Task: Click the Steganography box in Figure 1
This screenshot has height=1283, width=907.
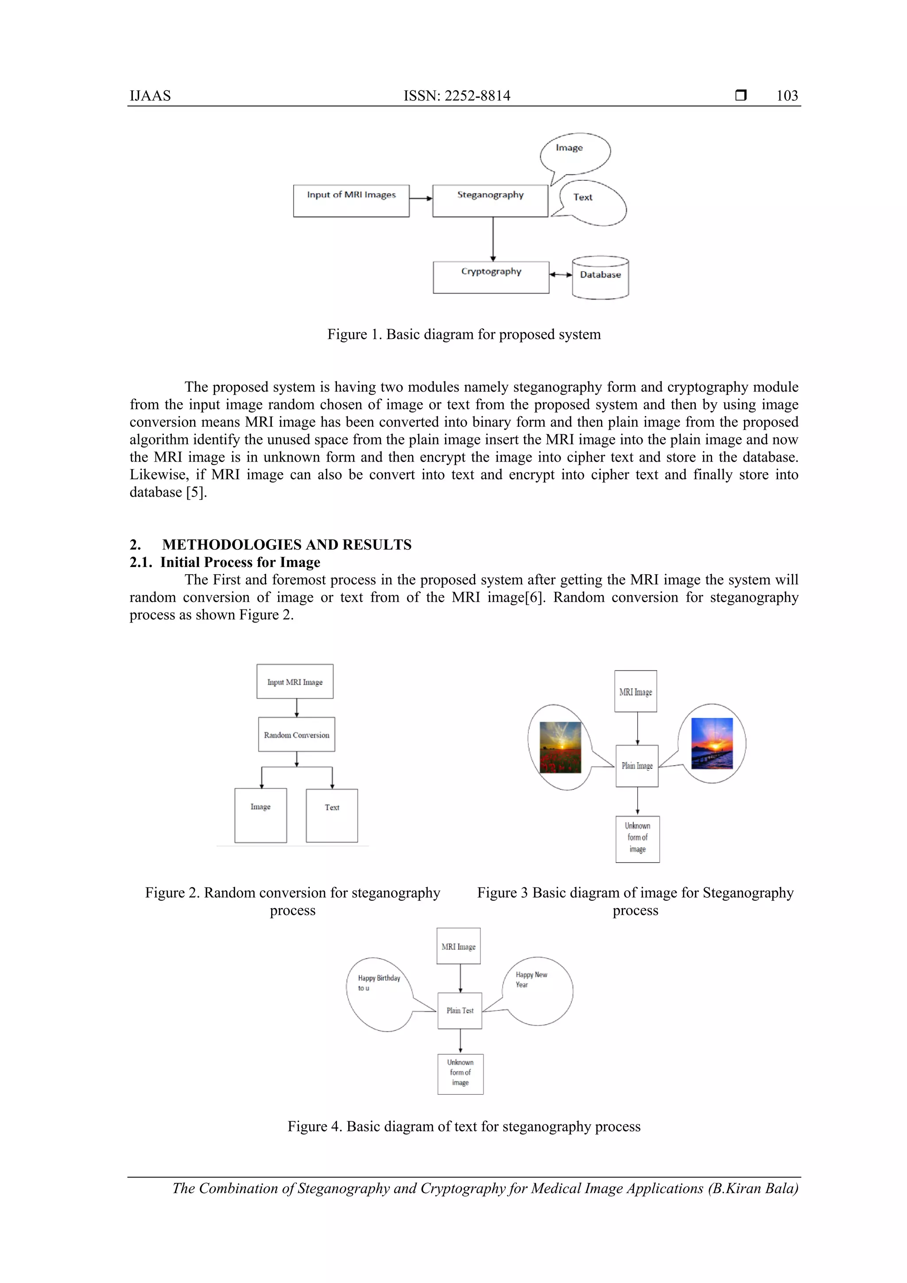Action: coord(490,201)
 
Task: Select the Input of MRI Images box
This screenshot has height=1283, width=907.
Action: coord(351,201)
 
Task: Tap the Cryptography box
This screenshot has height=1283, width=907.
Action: coord(491,277)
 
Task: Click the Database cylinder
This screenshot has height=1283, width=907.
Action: coord(601,278)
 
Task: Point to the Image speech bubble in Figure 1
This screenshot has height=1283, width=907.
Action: coord(575,153)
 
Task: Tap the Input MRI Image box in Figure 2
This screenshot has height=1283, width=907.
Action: coord(295,681)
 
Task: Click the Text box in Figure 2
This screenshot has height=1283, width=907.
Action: coord(332,815)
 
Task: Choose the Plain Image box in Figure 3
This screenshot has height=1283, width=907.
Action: coord(637,766)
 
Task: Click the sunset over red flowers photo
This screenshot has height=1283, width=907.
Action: coord(560,747)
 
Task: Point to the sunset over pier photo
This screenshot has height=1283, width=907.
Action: coord(712,743)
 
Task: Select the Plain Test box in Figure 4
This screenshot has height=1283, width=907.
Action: coord(460,1010)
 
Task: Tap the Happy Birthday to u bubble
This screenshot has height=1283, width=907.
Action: coord(380,994)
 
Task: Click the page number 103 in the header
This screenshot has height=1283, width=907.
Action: coord(787,96)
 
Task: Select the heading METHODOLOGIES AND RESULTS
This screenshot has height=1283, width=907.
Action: coord(287,544)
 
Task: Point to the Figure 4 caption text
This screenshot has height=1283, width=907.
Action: coord(464,1126)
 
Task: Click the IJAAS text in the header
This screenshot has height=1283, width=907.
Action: coord(150,96)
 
